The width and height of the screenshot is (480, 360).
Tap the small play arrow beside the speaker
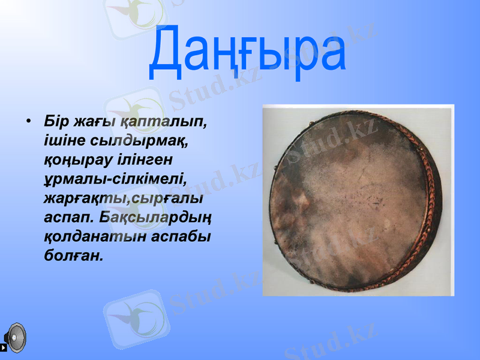5,347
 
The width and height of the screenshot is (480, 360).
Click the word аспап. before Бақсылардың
70,217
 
